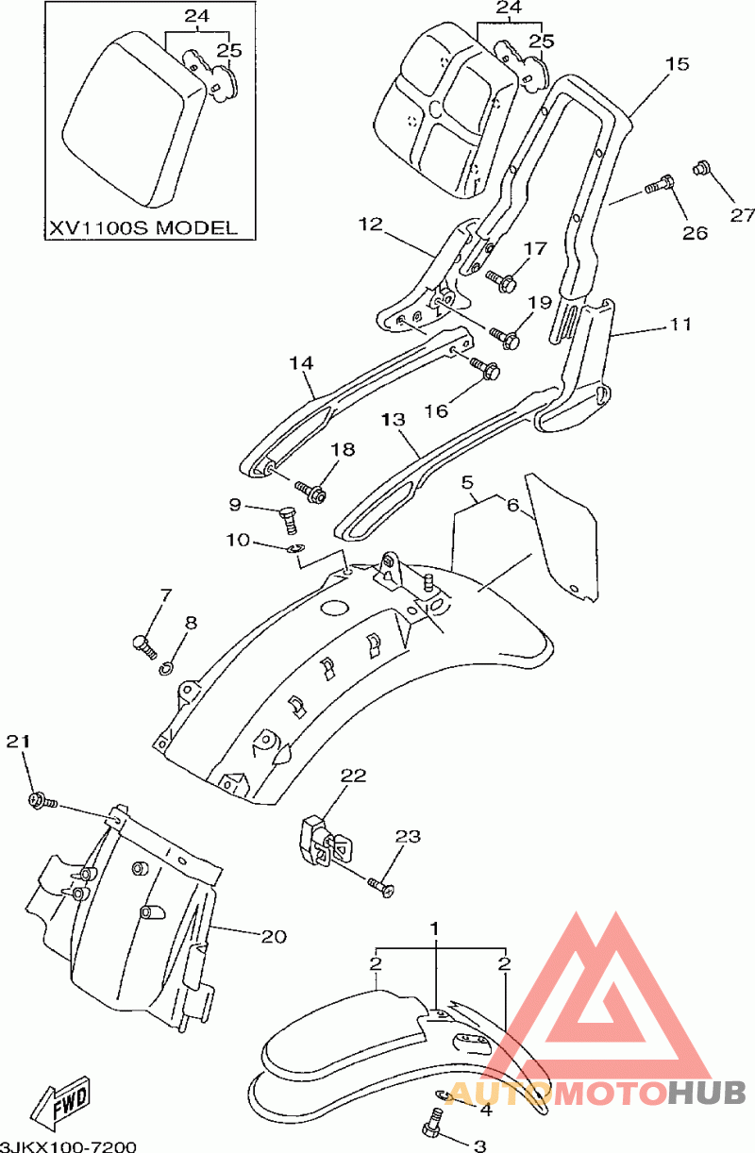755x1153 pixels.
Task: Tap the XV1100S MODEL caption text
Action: coord(143,227)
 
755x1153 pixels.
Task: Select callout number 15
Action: coord(677,64)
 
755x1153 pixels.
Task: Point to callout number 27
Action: coord(742,214)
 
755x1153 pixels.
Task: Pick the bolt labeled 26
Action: coord(660,185)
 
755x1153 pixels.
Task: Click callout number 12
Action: coord(371,225)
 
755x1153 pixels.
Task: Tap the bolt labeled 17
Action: coord(501,280)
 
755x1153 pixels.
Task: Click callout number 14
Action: coord(301,363)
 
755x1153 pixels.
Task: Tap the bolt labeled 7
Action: coord(144,646)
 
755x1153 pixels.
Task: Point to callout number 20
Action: coord(274,936)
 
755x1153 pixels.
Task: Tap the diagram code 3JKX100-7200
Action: coord(69,1146)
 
